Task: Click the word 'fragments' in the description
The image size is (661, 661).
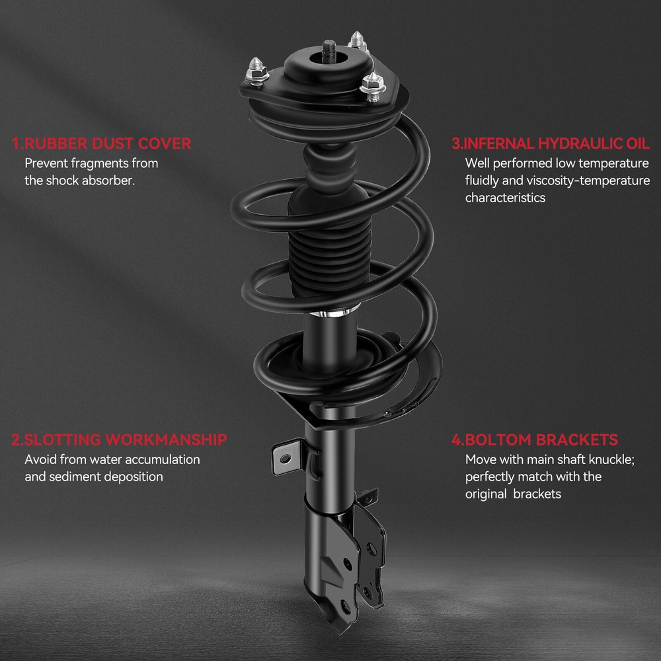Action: [x=100, y=163]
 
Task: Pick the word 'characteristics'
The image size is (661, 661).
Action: [x=505, y=198]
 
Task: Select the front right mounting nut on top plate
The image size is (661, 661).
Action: [x=373, y=87]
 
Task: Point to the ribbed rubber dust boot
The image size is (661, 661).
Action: [x=330, y=253]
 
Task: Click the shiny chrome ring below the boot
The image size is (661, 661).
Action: [x=330, y=313]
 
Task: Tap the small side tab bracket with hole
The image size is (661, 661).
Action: [x=287, y=457]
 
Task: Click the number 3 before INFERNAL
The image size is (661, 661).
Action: [x=455, y=143]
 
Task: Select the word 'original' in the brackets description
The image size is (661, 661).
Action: [x=486, y=494]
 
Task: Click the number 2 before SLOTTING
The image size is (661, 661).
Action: [x=16, y=440]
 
